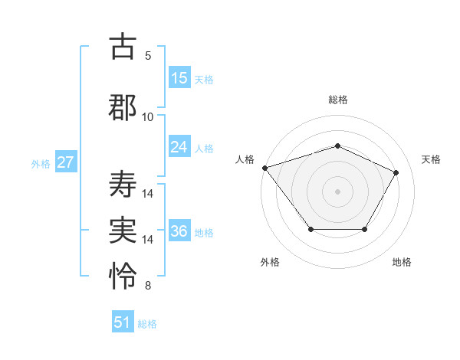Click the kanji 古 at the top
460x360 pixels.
point(123,47)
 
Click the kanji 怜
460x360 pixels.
point(123,274)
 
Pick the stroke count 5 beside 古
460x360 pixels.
point(148,56)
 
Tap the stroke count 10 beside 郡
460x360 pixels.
point(148,116)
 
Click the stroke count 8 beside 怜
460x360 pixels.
point(148,286)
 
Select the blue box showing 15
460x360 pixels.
point(179,78)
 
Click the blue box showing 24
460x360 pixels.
point(179,147)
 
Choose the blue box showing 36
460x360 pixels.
point(179,231)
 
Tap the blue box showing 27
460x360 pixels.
point(66,162)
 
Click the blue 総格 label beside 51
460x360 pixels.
point(147,324)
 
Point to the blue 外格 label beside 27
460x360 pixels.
point(41,164)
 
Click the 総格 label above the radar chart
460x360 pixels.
point(337,100)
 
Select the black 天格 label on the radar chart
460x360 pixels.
point(431,159)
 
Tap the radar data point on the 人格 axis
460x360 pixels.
point(264,168)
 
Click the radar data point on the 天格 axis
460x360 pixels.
point(396,172)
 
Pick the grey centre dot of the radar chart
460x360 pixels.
point(337,191)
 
